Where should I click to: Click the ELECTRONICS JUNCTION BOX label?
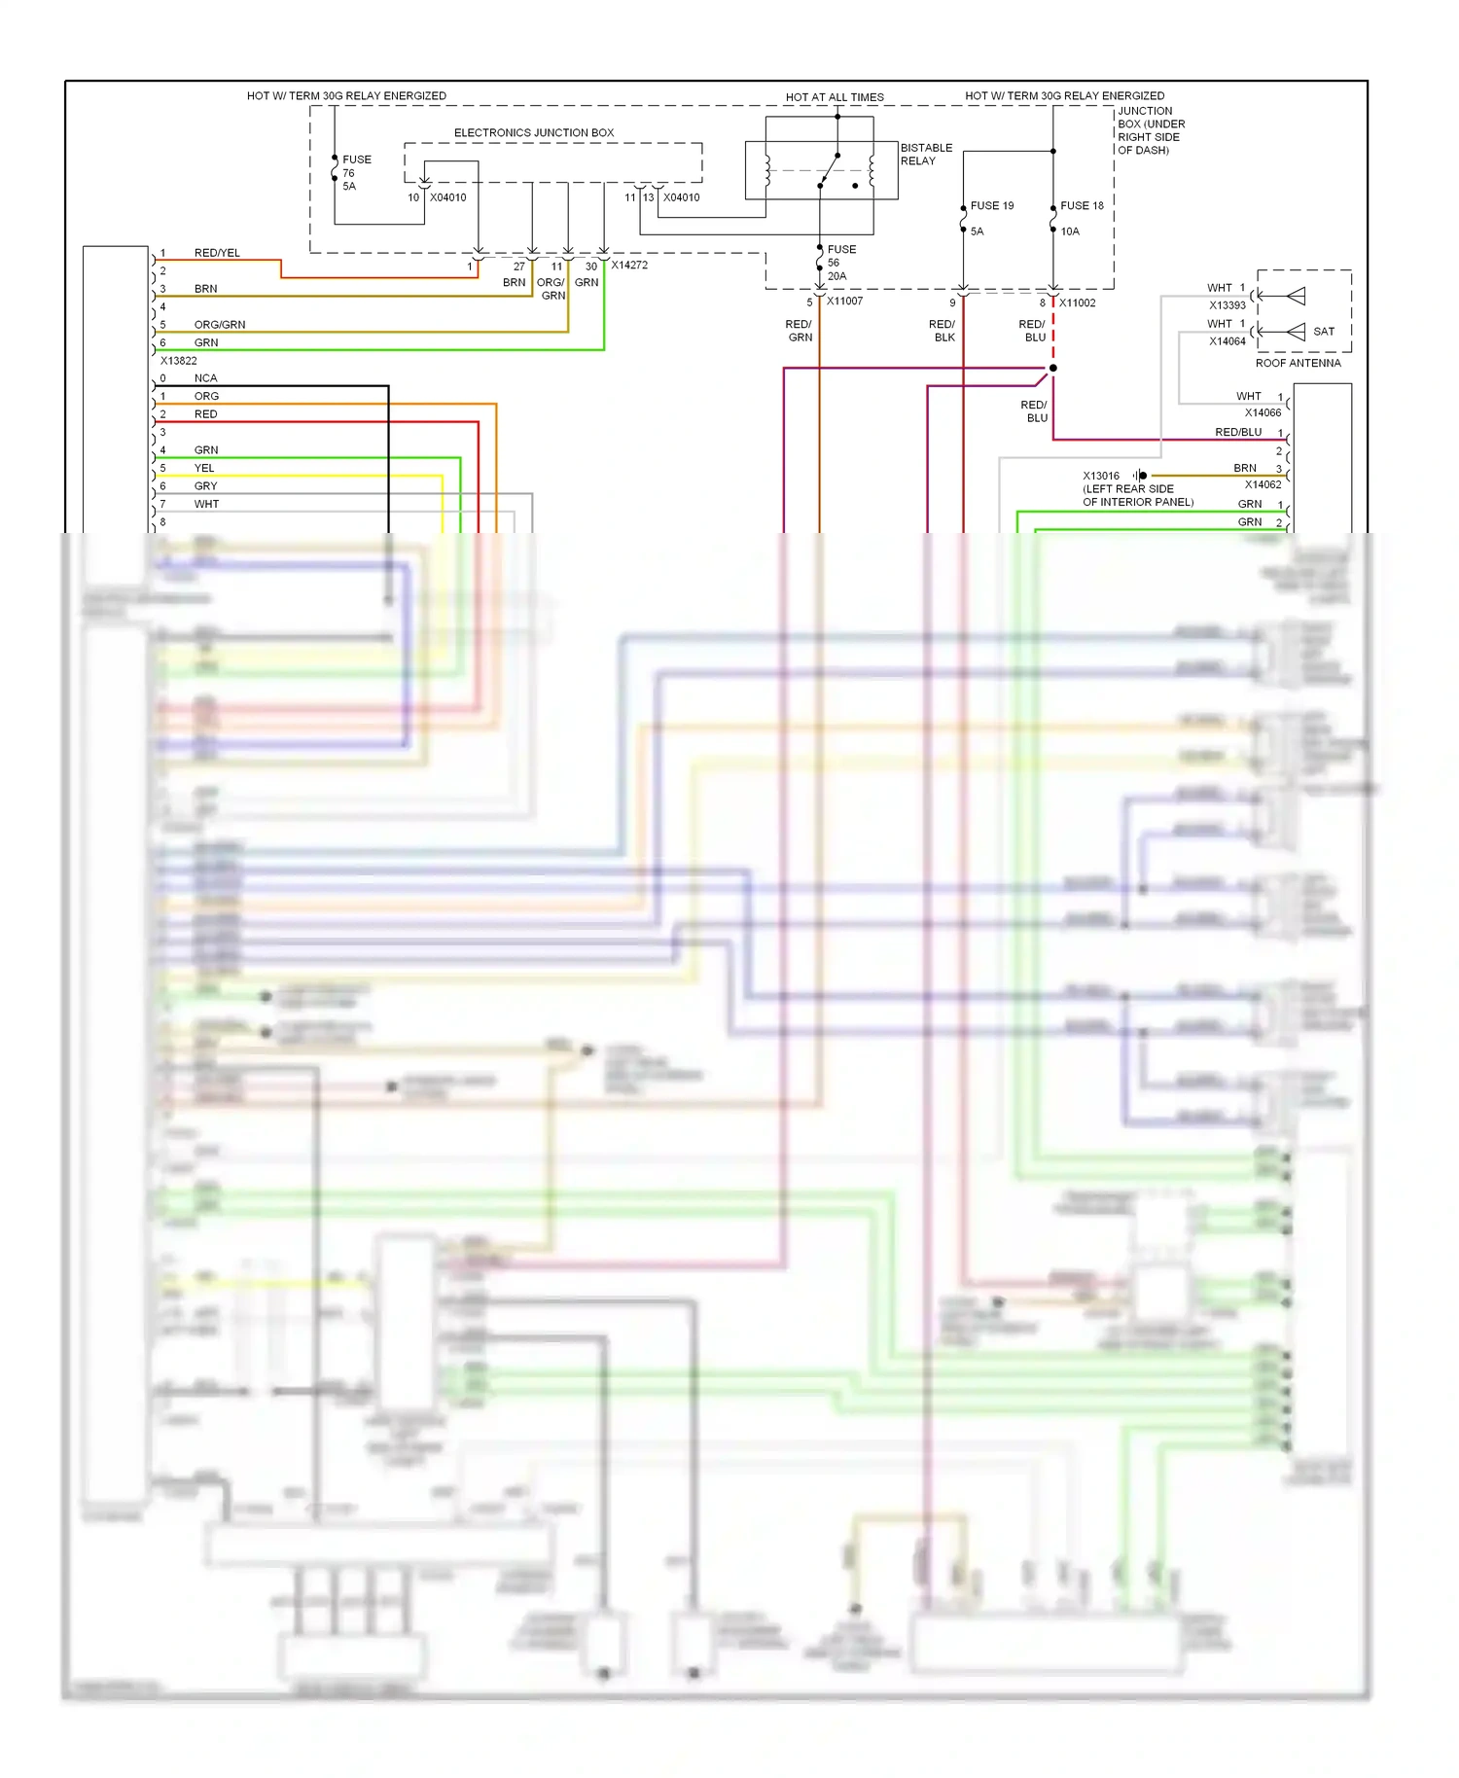pos(533,132)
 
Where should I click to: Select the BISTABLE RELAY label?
pos(925,154)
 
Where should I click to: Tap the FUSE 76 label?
pos(355,172)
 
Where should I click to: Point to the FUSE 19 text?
pos(991,205)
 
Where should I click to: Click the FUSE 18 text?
pos(1081,205)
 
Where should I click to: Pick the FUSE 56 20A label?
pos(840,263)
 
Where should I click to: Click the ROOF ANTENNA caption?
pos(1297,363)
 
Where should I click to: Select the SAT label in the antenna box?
pos(1323,332)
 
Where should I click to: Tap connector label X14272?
pos(628,265)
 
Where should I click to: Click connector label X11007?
pos(844,302)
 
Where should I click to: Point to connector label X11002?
pos(1077,302)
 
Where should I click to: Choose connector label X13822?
pos(178,360)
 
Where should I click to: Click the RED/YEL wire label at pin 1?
pos(217,253)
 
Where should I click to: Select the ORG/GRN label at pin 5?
pos(219,325)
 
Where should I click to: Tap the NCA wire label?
pos(205,378)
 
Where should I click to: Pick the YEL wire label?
pos(204,468)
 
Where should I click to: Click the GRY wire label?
pos(205,486)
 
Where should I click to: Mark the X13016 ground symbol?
pos(1140,476)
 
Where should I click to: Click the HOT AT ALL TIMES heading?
pos(834,97)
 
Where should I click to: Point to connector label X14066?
pos(1263,412)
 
